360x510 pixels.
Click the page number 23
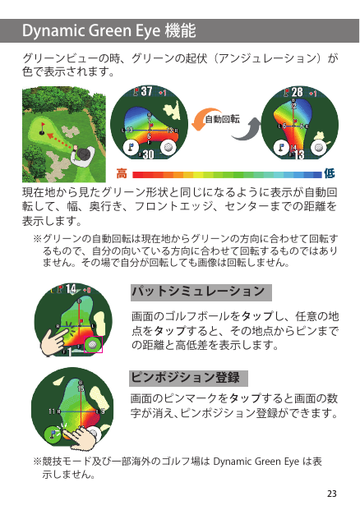pos(332,494)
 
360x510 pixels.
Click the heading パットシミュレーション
pos(198,291)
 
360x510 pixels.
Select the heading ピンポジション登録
pos(185,377)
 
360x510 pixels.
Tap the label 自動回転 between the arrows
pos(222,119)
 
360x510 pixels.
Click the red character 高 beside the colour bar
pos(122,173)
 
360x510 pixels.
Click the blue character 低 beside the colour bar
pos(329,173)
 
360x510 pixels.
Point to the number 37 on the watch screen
pos(147,91)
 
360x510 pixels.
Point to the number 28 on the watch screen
pos(297,92)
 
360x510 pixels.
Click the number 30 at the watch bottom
pos(148,154)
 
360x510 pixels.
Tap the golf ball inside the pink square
pos(93,344)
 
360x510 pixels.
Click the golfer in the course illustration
pos(81,156)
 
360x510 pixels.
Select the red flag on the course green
pos(43,125)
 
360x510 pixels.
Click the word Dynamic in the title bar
pos(53,31)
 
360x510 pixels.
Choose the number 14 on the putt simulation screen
pos(71,289)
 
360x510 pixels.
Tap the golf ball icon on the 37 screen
pos(168,147)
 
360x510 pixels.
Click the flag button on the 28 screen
pos(281,148)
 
